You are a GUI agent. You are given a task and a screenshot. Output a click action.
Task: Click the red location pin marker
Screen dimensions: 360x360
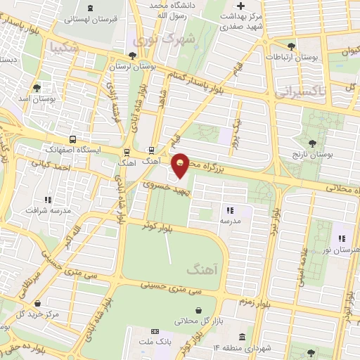pos(181,165)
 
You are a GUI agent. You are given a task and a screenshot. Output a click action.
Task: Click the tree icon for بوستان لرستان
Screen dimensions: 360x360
pos(132,56)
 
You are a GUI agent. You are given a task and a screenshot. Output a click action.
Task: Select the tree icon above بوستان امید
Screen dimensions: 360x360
pos(36,88)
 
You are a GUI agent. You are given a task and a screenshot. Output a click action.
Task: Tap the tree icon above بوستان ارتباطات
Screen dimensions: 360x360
pos(291,46)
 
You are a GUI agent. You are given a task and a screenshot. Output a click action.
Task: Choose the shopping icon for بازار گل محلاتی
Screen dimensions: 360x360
pos(199,310)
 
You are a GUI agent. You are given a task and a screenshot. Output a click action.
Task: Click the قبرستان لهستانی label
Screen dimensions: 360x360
pos(91,19)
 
